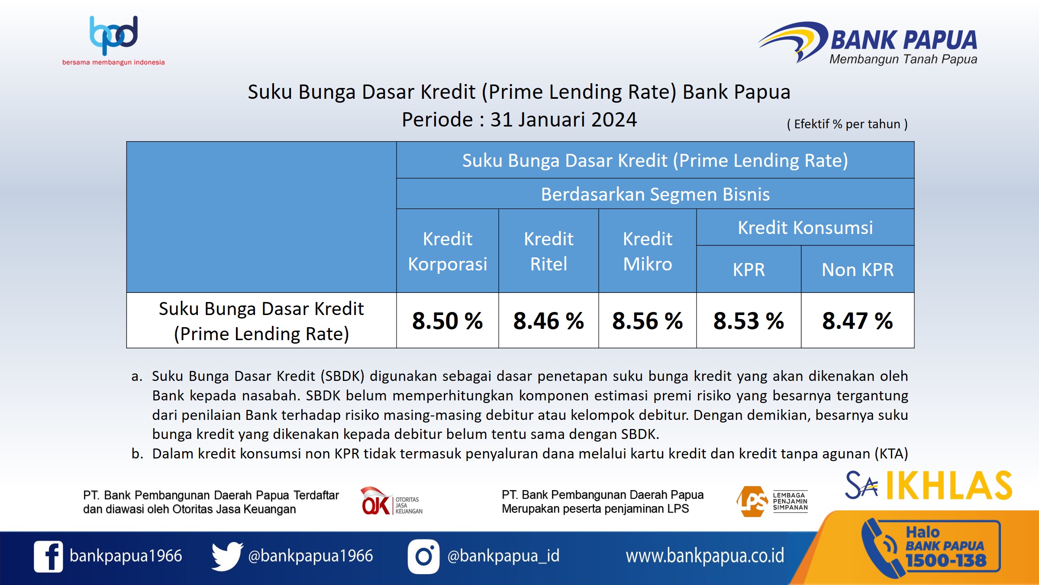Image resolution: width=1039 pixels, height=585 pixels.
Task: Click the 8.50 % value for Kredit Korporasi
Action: click(x=447, y=321)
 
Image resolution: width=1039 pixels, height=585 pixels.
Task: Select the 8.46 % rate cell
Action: click(x=549, y=321)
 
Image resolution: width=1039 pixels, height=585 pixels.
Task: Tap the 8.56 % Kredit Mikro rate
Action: click(x=647, y=321)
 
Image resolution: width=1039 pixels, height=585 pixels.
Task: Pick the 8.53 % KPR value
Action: click(x=749, y=321)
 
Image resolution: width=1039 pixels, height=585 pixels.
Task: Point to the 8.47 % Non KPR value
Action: click(x=857, y=321)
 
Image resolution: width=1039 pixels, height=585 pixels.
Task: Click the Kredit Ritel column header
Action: click(x=549, y=251)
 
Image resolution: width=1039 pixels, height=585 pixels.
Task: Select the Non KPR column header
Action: click(x=857, y=270)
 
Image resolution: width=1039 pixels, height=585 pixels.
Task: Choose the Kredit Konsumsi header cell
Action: click(x=805, y=227)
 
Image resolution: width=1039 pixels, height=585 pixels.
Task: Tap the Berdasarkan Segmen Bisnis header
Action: click(x=655, y=194)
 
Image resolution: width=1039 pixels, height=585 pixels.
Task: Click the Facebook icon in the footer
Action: click(x=48, y=556)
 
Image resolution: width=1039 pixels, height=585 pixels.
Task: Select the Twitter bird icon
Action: click(x=226, y=556)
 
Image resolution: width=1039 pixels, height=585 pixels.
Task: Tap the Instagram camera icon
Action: click(x=423, y=556)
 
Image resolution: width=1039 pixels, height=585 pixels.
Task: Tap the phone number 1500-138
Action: click(x=946, y=561)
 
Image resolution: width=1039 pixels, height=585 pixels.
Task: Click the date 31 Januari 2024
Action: click(x=563, y=120)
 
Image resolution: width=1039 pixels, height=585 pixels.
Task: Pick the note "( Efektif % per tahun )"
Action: click(x=847, y=124)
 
